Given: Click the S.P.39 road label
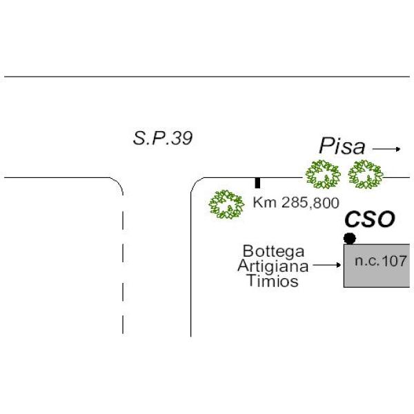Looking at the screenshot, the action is (162, 138).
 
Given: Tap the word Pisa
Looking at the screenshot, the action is (341, 146).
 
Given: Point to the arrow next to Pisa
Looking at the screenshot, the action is (387, 148).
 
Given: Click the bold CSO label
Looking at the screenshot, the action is (370, 220).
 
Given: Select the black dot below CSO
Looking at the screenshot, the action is (350, 238).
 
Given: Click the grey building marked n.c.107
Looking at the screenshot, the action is (377, 276).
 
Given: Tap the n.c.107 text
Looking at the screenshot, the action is (381, 262).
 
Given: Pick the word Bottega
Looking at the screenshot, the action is (273, 251).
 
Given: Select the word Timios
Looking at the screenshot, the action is (275, 281).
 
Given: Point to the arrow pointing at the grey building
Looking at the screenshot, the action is (328, 265).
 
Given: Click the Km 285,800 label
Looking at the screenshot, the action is (296, 203).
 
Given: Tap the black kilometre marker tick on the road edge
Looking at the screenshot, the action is (257, 183).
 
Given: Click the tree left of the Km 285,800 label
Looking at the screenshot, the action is (226, 204).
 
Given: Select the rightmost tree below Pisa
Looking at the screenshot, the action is (365, 175).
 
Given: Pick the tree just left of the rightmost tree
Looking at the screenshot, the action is (323, 175).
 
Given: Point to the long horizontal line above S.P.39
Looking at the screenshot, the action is (207, 77).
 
